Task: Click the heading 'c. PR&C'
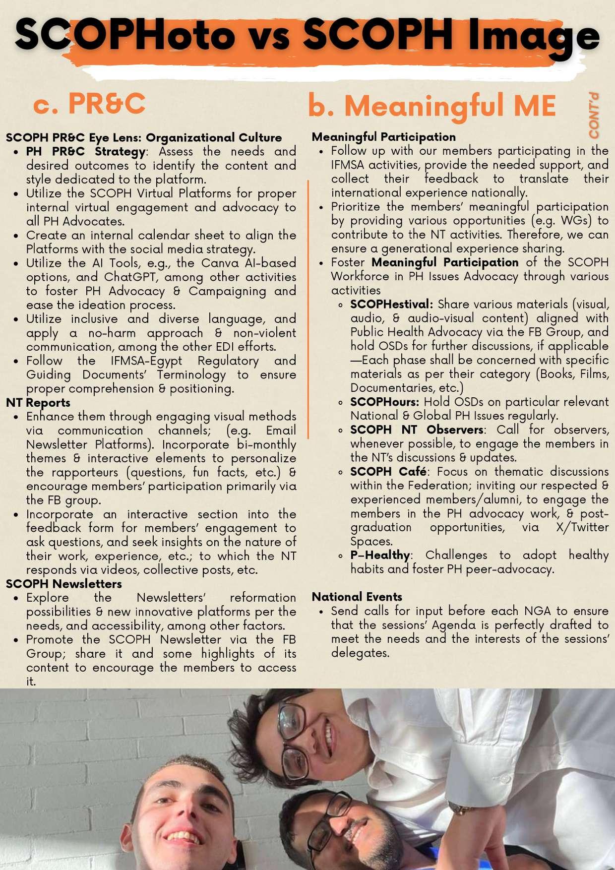[89, 104]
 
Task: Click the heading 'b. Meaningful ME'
[431, 106]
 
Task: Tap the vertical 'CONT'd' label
[594, 116]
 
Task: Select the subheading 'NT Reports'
[38, 403]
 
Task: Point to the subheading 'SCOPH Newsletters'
[64, 584]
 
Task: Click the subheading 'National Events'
[357, 597]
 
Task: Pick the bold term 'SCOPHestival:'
[391, 304]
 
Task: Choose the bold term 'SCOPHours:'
[384, 402]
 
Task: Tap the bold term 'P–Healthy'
[380, 555]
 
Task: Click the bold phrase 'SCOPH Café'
[388, 471]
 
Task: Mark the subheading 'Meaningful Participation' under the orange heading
[383, 137]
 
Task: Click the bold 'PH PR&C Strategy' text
[86, 151]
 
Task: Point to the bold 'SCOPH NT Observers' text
[417, 430]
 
